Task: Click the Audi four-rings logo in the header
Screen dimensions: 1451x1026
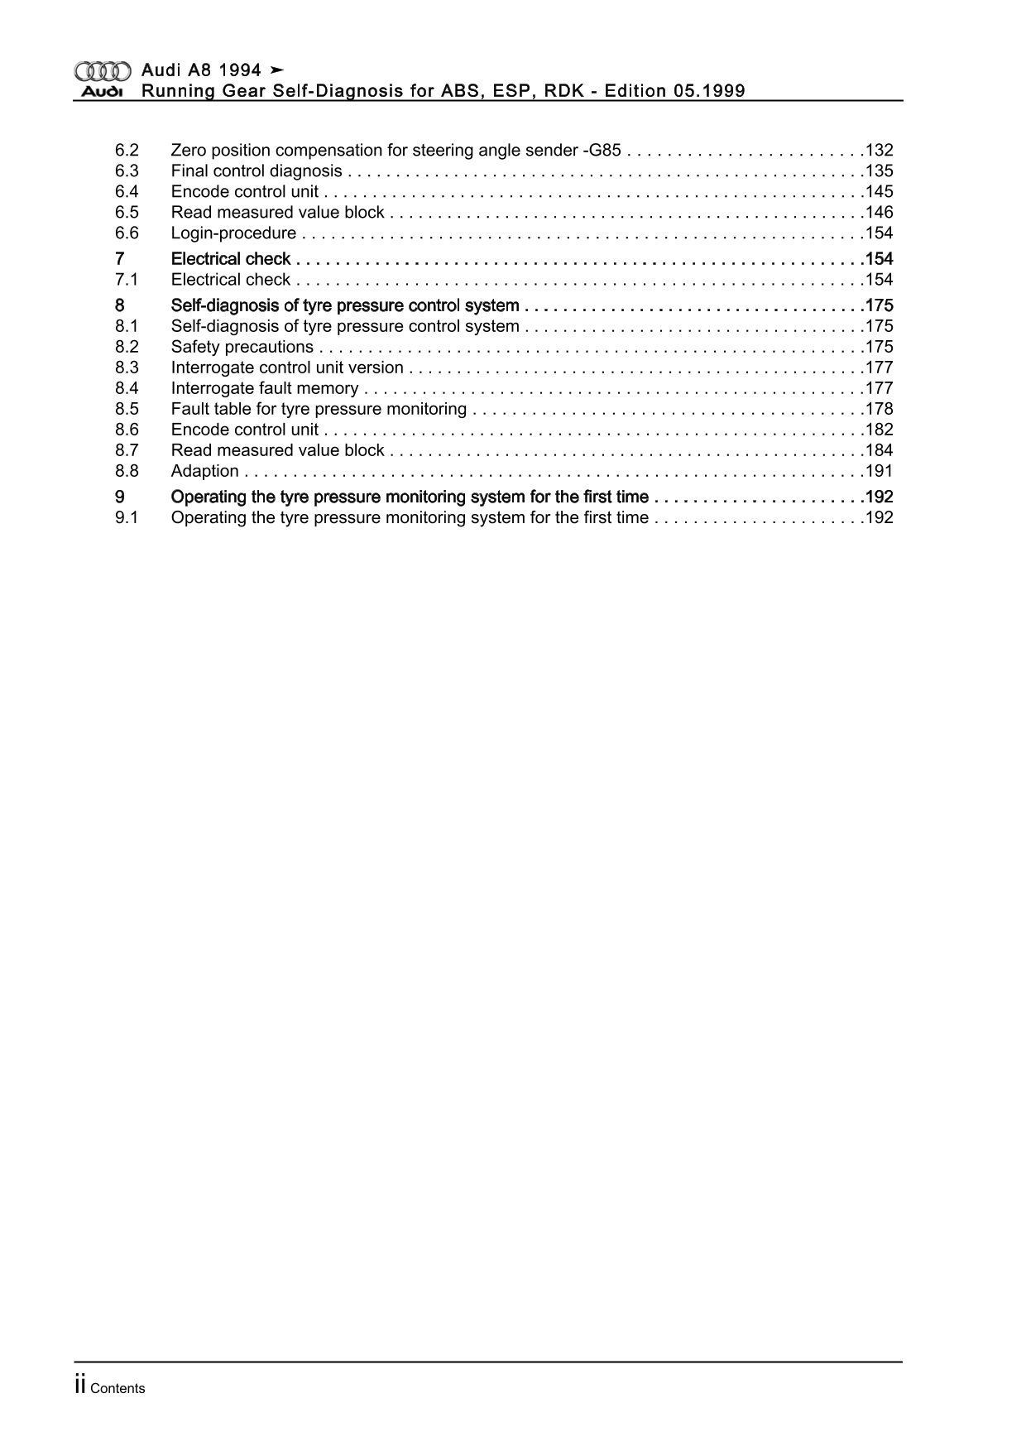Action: point(103,71)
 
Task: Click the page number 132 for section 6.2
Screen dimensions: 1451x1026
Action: point(879,151)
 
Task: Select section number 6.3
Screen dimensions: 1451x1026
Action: point(127,171)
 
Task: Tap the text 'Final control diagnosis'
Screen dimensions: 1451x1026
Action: point(256,171)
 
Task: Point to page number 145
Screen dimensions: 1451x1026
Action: point(879,192)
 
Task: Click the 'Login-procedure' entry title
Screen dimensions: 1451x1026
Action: point(233,233)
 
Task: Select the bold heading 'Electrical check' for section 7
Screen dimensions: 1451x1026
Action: point(231,259)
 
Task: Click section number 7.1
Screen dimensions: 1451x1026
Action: point(127,280)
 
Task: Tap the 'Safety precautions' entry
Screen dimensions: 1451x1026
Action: point(242,347)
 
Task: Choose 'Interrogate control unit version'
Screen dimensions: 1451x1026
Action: point(287,368)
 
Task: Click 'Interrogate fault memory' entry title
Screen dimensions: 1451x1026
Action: point(265,388)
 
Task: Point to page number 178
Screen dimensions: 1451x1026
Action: point(879,409)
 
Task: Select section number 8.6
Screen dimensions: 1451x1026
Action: point(127,430)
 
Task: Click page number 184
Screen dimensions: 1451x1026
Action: point(879,450)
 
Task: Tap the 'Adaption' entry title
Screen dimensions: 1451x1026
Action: point(205,471)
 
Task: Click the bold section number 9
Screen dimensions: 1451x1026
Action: point(120,497)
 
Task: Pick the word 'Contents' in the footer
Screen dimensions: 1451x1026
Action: point(117,1389)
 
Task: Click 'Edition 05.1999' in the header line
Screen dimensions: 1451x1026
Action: point(674,91)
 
